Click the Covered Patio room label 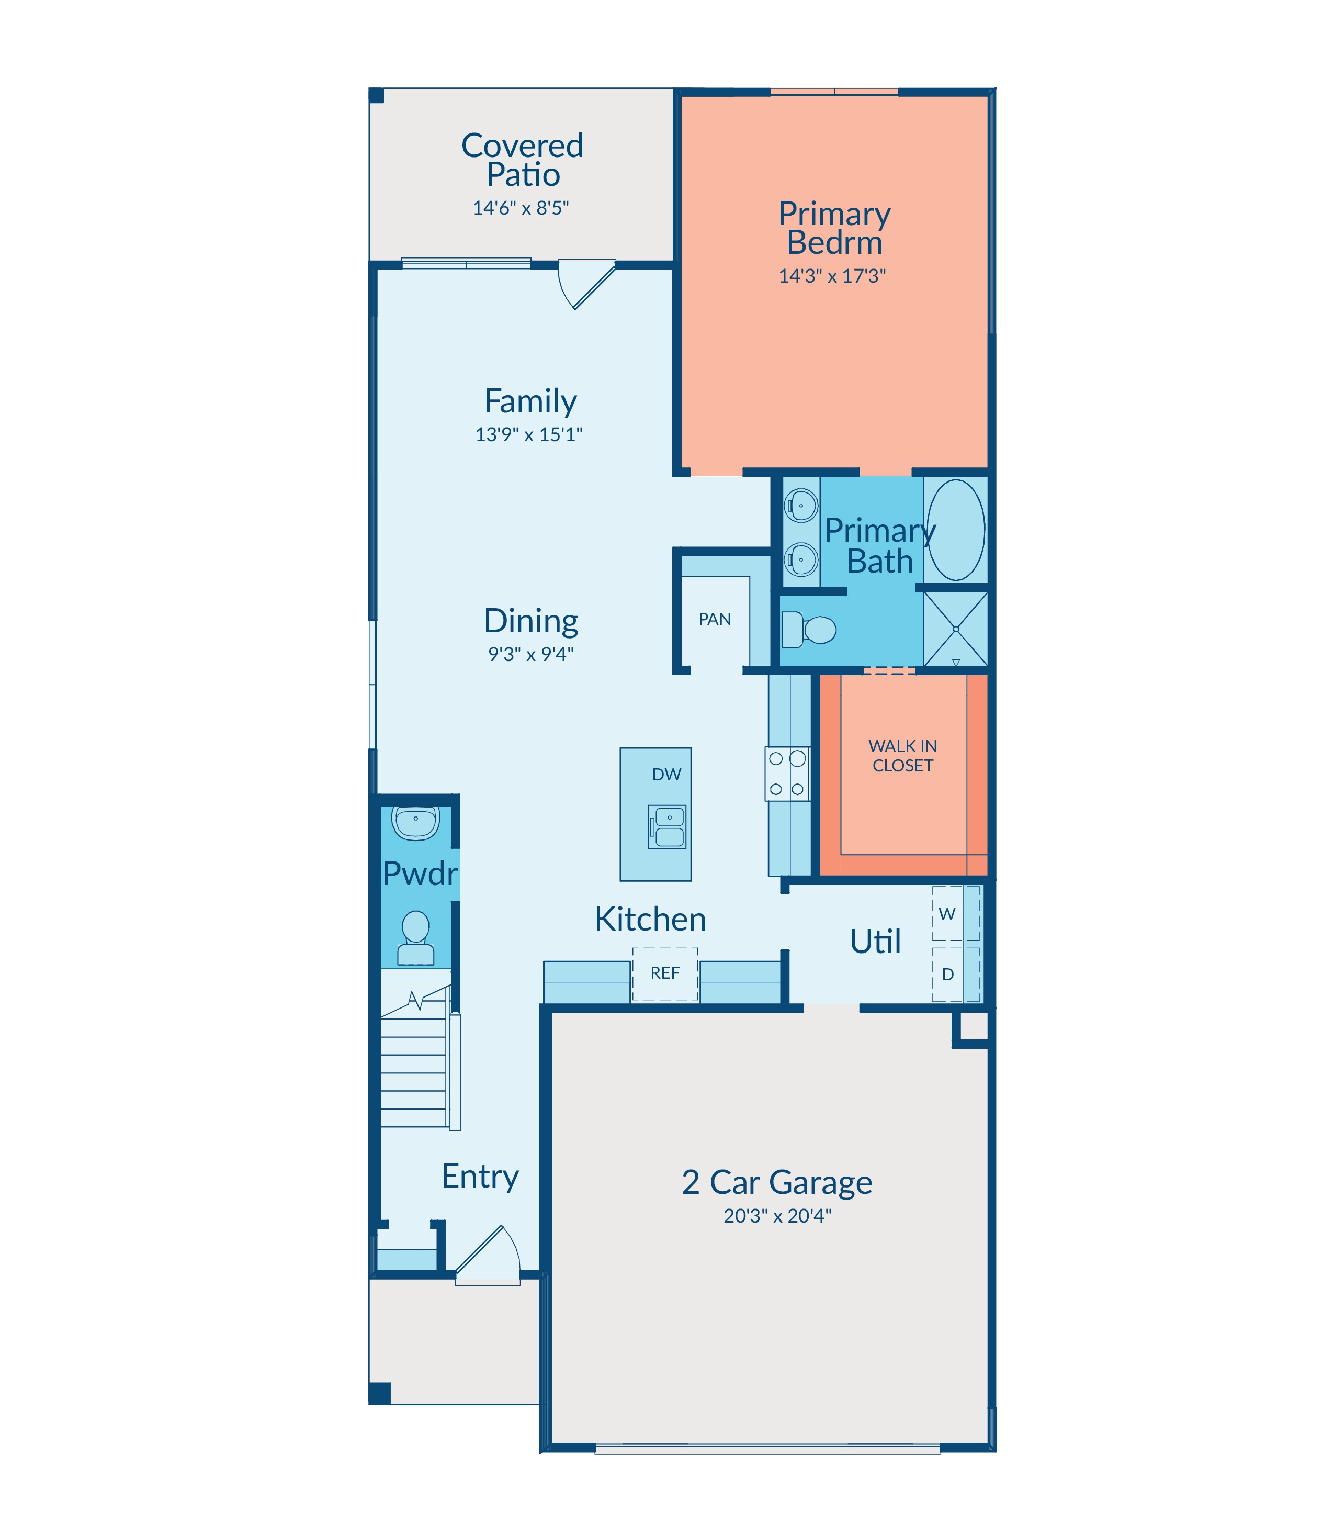coord(522,160)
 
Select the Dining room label coord(531,620)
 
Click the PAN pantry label coord(714,619)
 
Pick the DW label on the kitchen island coord(666,775)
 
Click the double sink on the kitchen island coord(666,827)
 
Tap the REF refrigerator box coord(665,974)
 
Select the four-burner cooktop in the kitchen coord(787,774)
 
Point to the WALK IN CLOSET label coord(902,755)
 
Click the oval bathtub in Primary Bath coord(956,530)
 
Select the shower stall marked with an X coord(956,629)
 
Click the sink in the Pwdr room coord(415,822)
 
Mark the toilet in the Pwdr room coord(415,938)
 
